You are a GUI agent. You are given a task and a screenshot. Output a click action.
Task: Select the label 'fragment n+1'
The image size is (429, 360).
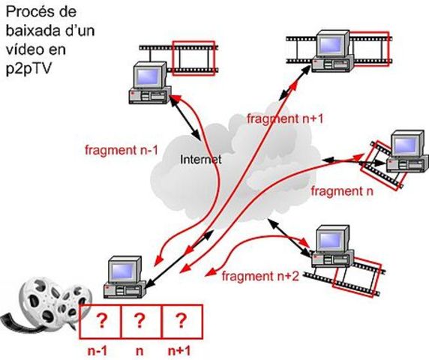[285, 118]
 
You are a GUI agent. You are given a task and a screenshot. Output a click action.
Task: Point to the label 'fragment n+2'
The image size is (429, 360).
[262, 276]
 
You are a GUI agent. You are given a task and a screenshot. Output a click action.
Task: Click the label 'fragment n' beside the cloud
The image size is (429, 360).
[341, 191]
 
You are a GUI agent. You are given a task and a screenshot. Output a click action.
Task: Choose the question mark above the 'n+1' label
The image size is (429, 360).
[181, 322]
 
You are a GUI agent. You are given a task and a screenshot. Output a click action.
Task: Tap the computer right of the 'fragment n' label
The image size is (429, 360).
[406, 154]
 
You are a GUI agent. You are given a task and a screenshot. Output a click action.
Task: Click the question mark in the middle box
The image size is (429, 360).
[140, 322]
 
